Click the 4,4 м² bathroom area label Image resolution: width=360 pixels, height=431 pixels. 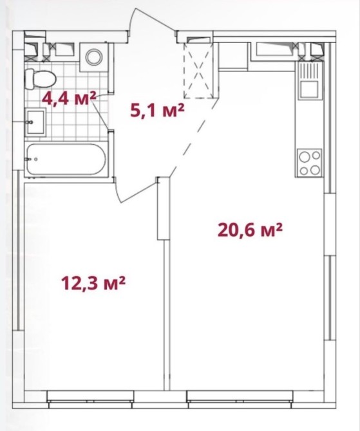pos(69,98)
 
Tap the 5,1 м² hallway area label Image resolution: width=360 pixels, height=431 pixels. pos(157,111)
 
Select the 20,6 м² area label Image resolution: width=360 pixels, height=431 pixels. pos(250,230)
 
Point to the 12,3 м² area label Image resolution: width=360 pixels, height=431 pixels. pos(93,283)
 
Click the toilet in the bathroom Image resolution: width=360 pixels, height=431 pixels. pos(40,78)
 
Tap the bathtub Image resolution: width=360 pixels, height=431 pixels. pos(66,160)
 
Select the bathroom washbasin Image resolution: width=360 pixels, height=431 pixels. pos(35,122)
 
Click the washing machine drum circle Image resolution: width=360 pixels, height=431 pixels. pos(94,57)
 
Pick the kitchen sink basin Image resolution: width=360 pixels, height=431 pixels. pos(310,89)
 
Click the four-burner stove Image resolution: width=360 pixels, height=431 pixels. pos(310,163)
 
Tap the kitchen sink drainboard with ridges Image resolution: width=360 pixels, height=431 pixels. pos(310,71)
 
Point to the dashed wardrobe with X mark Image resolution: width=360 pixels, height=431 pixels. pos(199,70)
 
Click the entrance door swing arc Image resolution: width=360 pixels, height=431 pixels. pos(152,17)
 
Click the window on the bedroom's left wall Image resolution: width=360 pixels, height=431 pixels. pos(18,250)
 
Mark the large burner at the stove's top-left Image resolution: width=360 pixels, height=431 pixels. pos(305,157)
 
